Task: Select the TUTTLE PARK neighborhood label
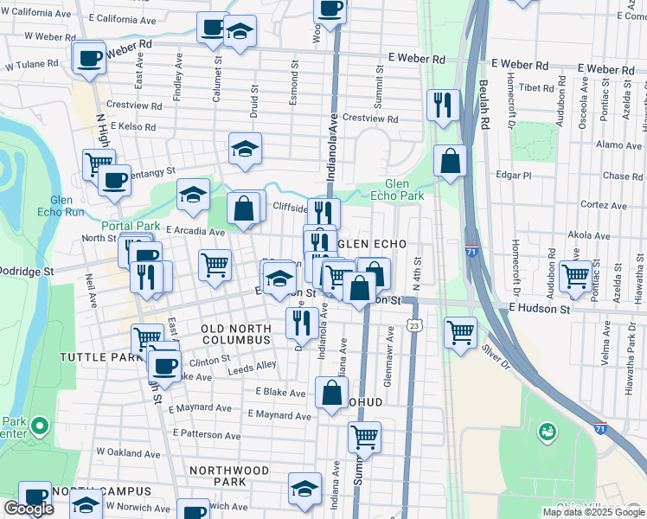tap(100, 357)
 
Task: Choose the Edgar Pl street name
tap(513, 176)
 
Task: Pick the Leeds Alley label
tap(252, 366)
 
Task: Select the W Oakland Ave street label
tap(129, 452)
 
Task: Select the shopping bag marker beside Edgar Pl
tap(450, 161)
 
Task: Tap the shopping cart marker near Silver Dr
tap(461, 332)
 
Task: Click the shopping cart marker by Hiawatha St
tap(575, 277)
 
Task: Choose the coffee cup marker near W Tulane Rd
tap(88, 58)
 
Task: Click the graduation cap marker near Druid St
tap(245, 150)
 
